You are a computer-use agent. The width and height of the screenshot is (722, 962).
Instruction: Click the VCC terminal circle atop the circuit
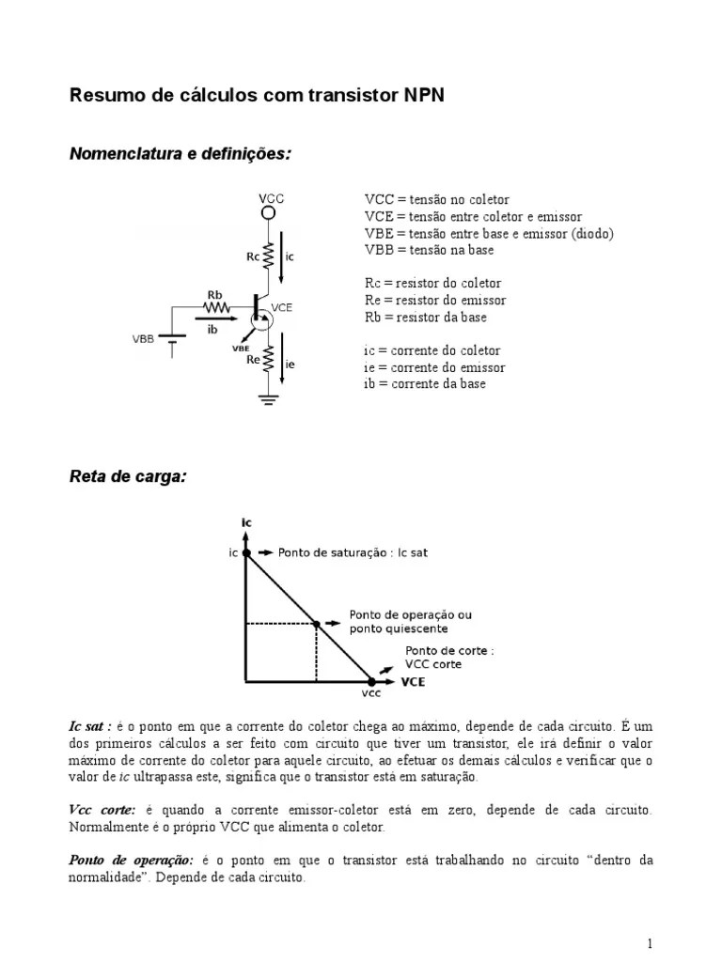(x=268, y=213)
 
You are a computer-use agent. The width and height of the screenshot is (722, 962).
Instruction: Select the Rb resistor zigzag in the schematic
(x=218, y=306)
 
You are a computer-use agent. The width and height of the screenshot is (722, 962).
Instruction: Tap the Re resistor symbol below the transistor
(x=268, y=359)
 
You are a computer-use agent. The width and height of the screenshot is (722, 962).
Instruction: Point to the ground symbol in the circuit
(x=268, y=400)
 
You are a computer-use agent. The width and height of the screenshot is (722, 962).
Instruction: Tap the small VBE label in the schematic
(x=241, y=348)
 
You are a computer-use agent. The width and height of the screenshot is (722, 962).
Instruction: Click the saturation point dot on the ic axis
(x=246, y=553)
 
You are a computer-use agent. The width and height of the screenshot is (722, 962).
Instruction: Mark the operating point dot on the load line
(x=316, y=623)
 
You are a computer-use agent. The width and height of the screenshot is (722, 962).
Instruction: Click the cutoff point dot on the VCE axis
(x=371, y=682)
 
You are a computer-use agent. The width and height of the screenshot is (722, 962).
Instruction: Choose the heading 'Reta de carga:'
(x=128, y=477)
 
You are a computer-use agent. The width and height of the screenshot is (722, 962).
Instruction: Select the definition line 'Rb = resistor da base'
(x=426, y=318)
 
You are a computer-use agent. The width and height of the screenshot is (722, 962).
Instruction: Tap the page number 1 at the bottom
(x=650, y=943)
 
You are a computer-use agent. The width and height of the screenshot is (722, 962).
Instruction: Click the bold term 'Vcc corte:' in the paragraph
(x=102, y=809)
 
